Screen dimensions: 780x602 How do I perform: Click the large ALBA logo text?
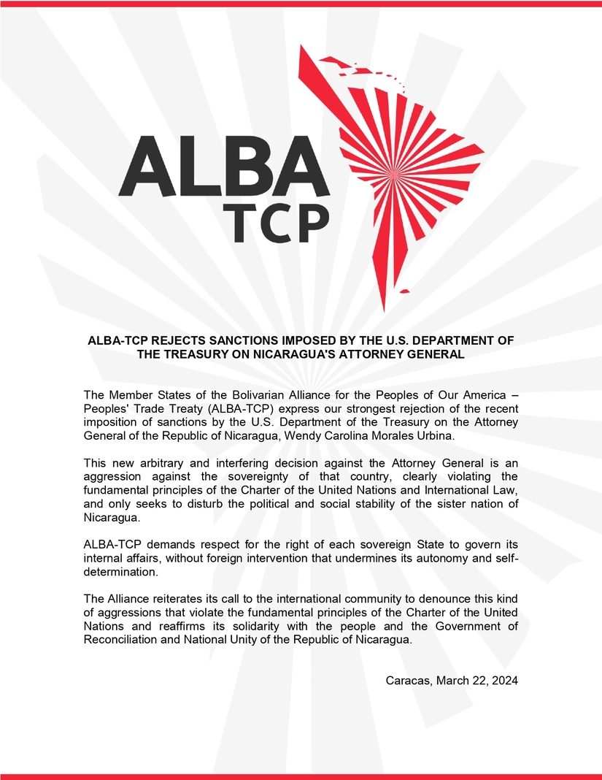point(219,166)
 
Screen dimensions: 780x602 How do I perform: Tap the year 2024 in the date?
point(503,681)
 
